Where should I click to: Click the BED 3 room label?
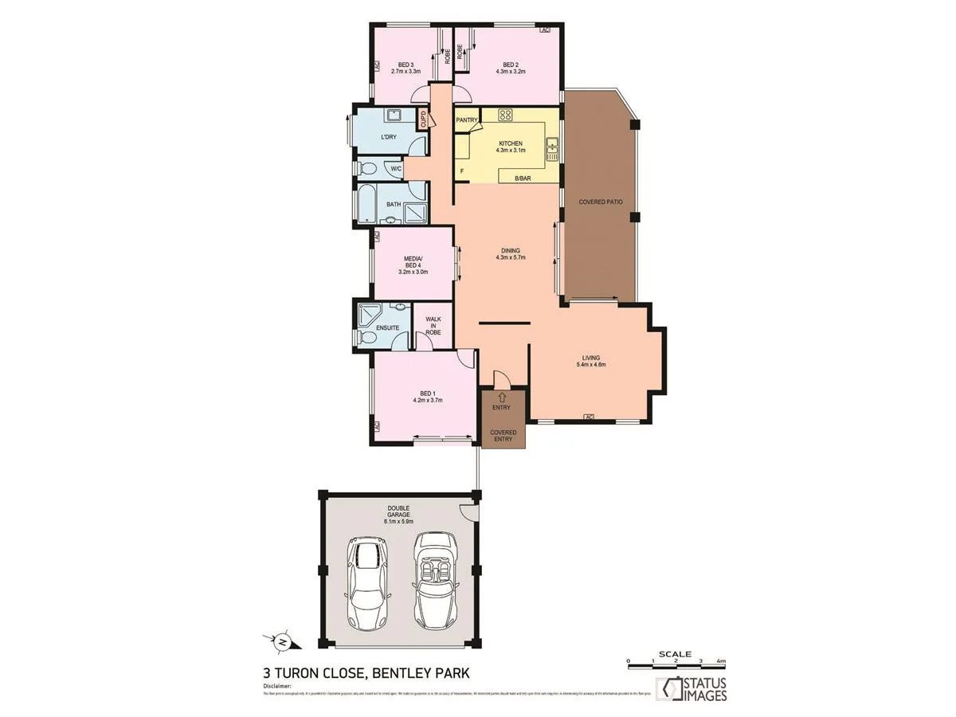[406, 65]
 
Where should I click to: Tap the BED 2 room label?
[511, 65]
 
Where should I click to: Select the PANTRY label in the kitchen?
[466, 120]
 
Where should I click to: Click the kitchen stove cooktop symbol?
[504, 115]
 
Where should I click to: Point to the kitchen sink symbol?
[551, 148]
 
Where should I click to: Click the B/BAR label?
[523, 178]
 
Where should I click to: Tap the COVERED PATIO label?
[600, 202]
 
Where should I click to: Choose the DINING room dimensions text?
[511, 258]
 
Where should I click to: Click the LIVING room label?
[590, 358]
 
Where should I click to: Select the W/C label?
[396, 169]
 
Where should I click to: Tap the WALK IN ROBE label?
[433, 325]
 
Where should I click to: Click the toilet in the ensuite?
[365, 338]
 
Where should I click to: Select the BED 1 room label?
[427, 393]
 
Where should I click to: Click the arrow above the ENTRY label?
[501, 396]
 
